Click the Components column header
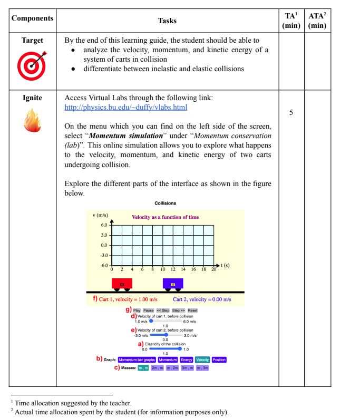point(32,18)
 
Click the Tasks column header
point(167,21)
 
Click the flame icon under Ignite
point(32,122)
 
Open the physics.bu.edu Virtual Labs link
point(125,108)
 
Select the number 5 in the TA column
point(291,113)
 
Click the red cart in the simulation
point(122,284)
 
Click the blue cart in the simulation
point(173,284)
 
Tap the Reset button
point(192,310)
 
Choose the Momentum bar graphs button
point(137,359)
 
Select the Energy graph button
point(187,359)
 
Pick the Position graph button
point(219,359)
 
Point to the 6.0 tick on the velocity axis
point(104,225)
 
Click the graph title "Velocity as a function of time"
point(165,217)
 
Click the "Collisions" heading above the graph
point(166,203)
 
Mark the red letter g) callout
point(129,309)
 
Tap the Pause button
point(149,310)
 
